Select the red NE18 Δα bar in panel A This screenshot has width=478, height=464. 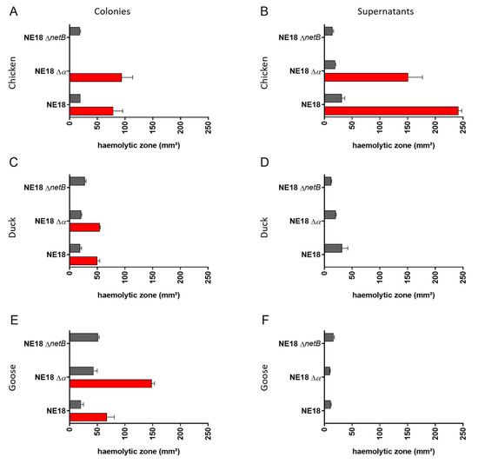[x=96, y=77]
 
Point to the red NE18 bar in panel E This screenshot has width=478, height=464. [x=88, y=416]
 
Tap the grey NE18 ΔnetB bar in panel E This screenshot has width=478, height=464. [x=83, y=337]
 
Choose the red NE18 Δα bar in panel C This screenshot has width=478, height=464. [x=84, y=227]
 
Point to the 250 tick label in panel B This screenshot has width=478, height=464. [x=462, y=124]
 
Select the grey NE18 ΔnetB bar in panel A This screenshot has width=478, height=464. [x=75, y=31]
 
